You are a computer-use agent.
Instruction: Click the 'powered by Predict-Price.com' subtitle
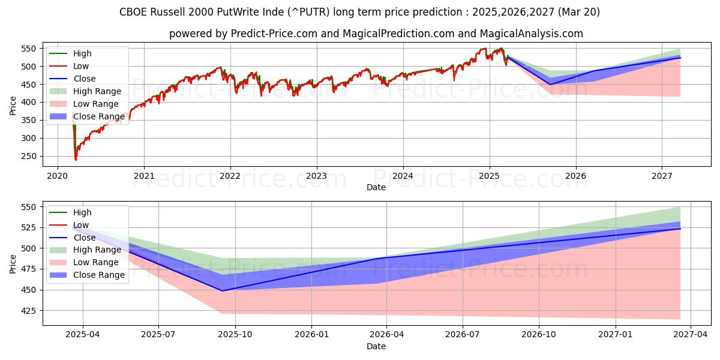pos(376,34)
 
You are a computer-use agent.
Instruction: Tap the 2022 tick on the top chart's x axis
pos(230,176)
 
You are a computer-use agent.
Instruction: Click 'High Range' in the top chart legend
pos(97,91)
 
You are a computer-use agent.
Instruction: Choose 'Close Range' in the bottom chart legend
pos(98,275)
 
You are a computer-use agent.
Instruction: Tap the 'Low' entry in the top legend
pos(82,66)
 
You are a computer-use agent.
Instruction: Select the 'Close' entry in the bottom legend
pos(85,238)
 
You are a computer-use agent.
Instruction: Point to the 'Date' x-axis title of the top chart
pos(376,187)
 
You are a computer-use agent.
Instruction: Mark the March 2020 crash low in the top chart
pos(76,160)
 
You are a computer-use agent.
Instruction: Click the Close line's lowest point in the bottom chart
pos(223,291)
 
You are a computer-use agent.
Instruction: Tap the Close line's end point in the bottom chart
pos(680,229)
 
